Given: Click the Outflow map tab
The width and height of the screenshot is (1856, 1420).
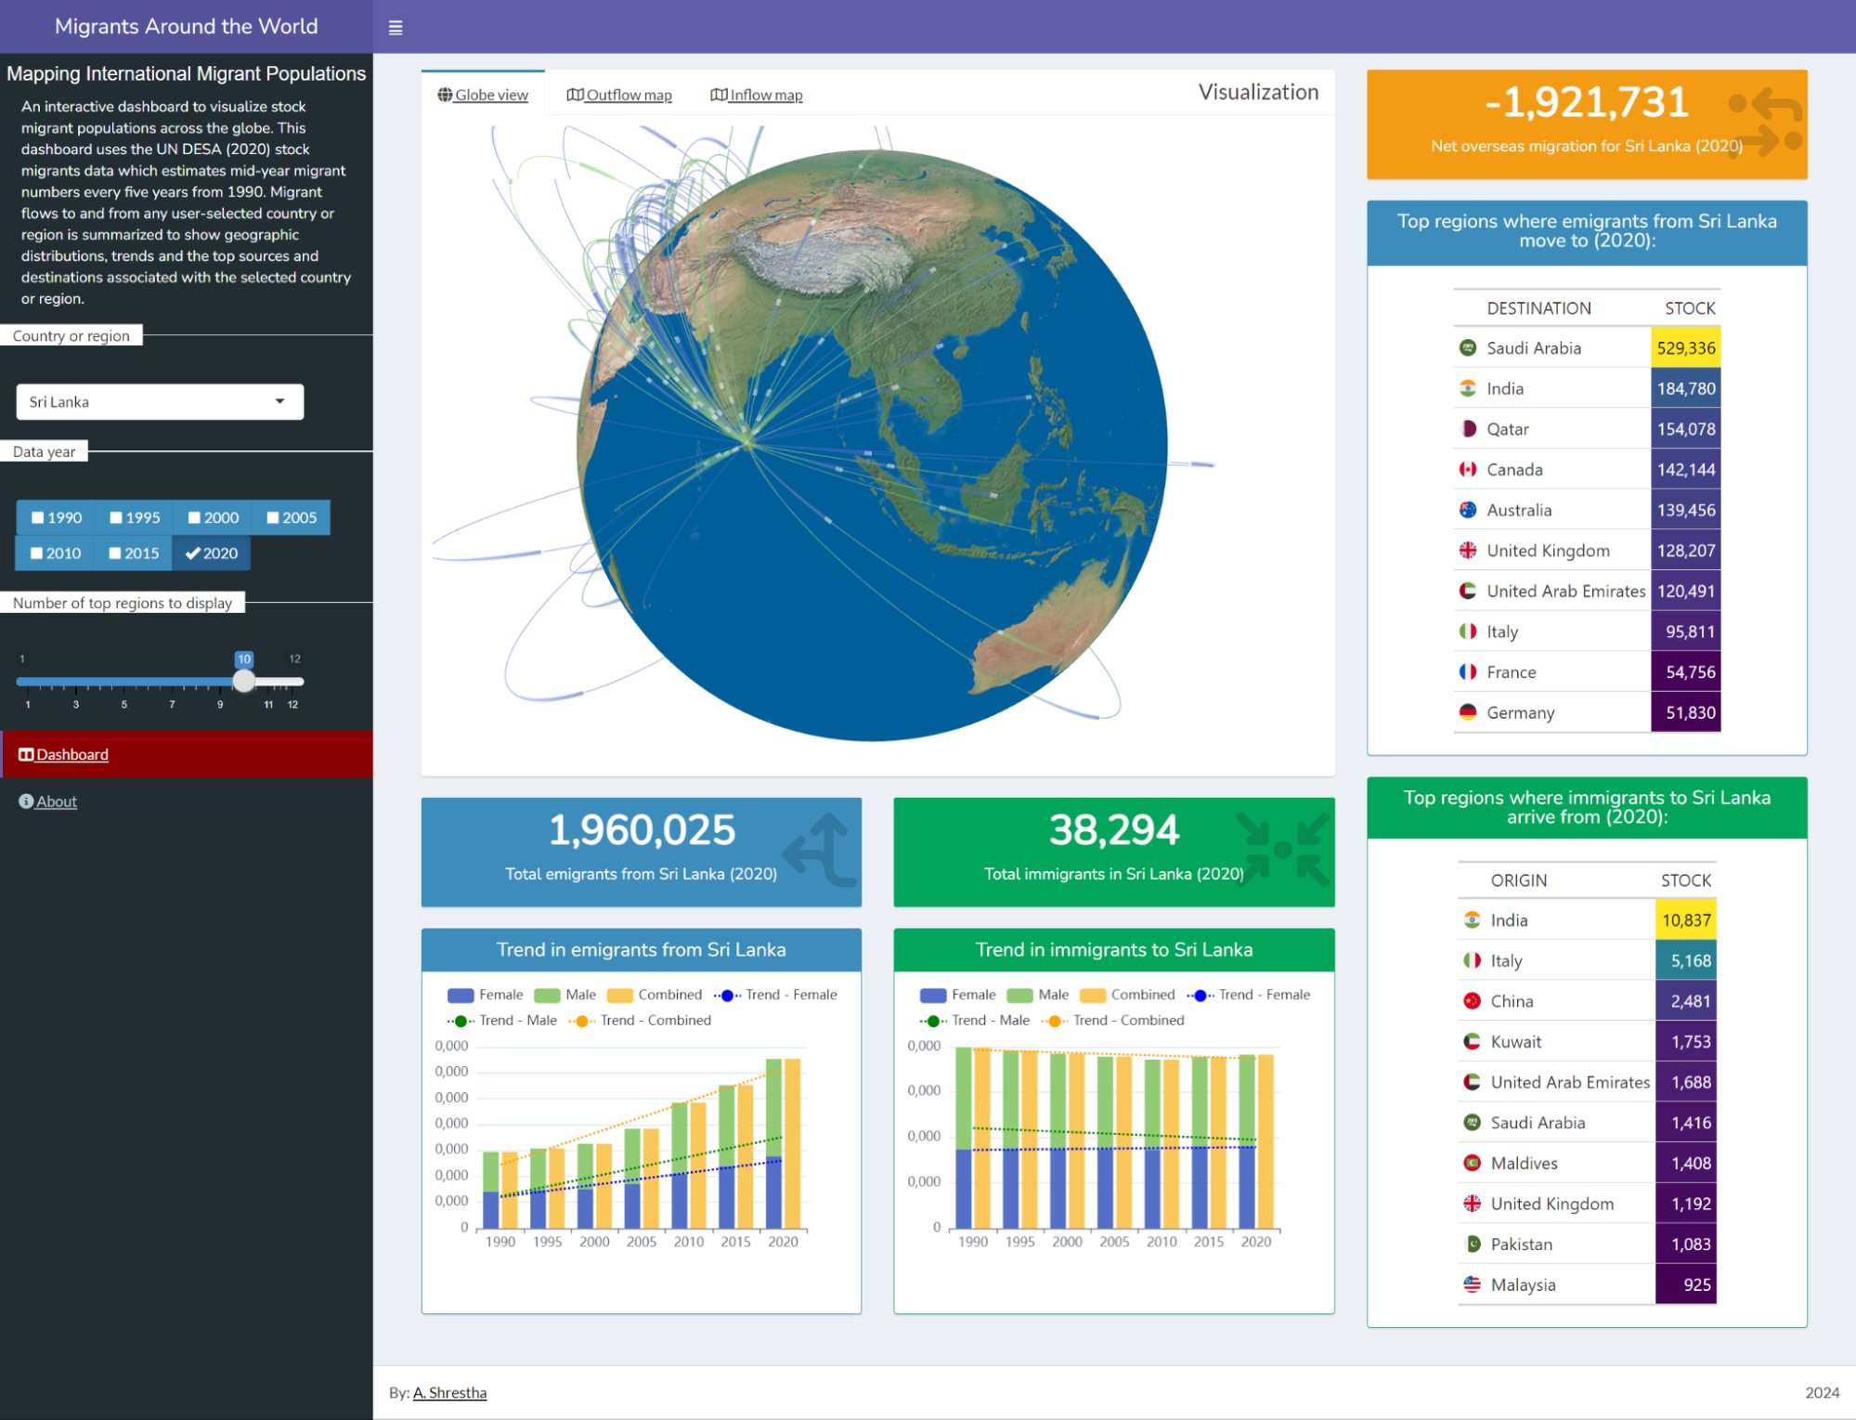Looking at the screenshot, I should point(619,95).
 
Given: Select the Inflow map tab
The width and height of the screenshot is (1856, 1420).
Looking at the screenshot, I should point(757,95).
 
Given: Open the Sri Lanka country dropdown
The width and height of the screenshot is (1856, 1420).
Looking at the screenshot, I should point(160,402).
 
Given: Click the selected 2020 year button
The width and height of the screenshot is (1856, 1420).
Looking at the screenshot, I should point(212,554).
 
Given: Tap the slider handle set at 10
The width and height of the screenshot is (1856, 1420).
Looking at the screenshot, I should point(243,681).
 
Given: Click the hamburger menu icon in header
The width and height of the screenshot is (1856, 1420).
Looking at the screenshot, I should point(396,28).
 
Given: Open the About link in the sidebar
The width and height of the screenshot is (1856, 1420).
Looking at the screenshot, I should point(56,801).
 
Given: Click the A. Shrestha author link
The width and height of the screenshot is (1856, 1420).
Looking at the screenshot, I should point(449,1393).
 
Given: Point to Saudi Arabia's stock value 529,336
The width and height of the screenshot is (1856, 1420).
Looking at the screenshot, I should point(1685,348).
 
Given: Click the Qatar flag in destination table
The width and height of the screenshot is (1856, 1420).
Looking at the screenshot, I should point(1468,429).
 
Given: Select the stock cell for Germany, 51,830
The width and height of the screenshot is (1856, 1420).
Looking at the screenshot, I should point(1685,713).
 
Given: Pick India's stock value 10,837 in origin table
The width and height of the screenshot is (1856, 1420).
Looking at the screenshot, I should point(1685,920).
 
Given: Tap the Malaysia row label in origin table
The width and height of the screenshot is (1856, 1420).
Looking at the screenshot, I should point(1523,1285).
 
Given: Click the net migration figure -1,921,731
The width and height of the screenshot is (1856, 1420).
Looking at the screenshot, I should point(1586,103).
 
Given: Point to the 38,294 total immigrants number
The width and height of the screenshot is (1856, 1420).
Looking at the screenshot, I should point(1113,830).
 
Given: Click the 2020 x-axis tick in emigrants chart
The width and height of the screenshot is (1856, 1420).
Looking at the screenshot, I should point(783,1242).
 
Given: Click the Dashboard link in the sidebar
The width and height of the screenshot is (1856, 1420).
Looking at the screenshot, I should point(71,755).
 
